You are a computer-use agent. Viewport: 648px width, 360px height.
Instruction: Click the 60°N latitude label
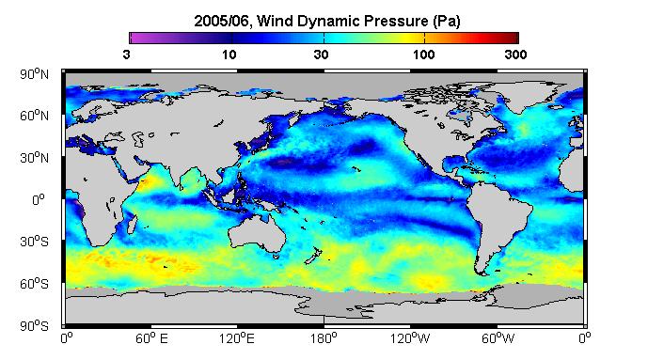tap(34, 116)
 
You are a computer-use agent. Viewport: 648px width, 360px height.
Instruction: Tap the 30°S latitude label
tap(34, 242)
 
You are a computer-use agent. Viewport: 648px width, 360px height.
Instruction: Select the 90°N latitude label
tap(34, 74)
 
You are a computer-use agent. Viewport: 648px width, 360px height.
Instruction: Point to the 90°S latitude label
tap(34, 326)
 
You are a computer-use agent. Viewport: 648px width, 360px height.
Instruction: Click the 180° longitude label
tap(324, 339)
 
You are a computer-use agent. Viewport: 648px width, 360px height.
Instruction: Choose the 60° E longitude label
tap(151, 339)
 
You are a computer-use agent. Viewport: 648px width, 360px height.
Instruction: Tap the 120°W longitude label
tap(410, 339)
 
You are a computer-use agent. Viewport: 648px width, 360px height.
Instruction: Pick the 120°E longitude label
tap(237, 339)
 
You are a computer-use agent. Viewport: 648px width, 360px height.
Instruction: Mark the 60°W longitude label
tap(498, 339)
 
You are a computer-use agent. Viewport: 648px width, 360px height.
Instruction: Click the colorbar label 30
tap(321, 55)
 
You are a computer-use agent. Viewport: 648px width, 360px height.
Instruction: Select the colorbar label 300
tap(515, 55)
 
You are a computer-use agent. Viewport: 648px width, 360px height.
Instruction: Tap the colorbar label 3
tap(127, 55)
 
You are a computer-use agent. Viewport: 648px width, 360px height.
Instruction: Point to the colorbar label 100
tap(423, 55)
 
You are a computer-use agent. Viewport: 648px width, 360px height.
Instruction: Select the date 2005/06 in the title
tap(222, 21)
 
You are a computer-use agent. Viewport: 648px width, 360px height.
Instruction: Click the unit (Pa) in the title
tap(447, 21)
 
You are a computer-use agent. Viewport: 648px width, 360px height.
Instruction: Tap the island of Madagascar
tap(132, 224)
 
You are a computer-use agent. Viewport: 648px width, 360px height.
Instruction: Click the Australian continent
tap(257, 233)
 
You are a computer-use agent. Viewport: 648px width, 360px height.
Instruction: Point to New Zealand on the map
tap(313, 255)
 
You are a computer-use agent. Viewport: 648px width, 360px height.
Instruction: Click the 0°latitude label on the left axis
tap(39, 200)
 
